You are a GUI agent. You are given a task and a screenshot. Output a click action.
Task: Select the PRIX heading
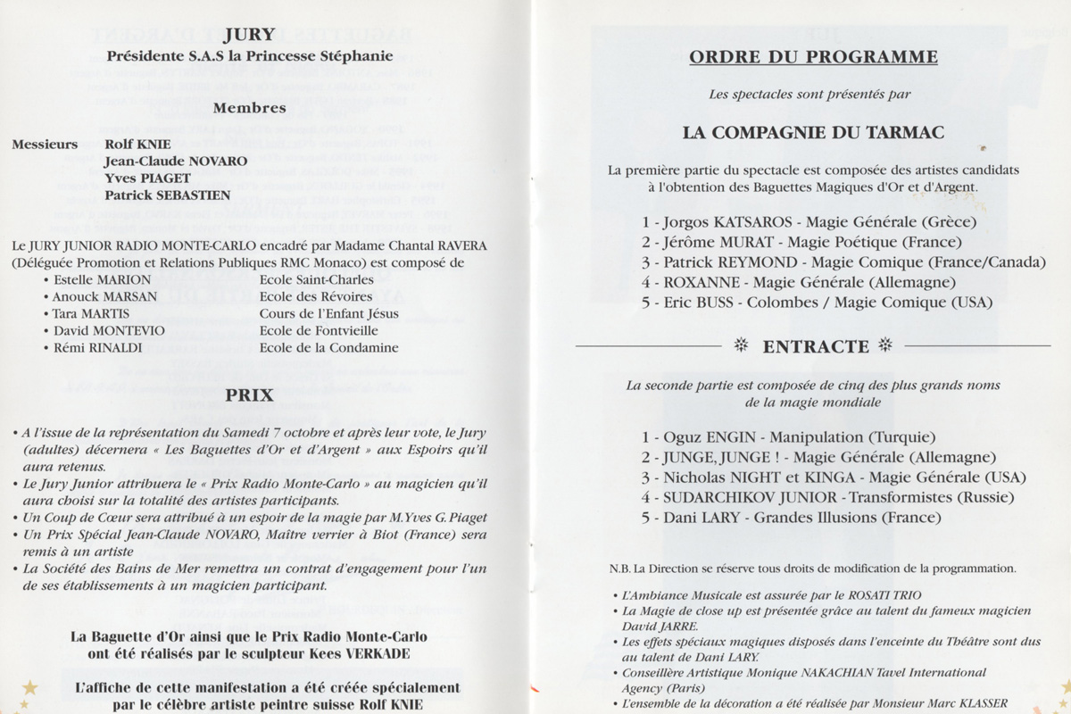(249, 394)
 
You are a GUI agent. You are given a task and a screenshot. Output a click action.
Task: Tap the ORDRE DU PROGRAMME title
(813, 57)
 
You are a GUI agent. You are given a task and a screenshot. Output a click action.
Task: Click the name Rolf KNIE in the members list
(137, 144)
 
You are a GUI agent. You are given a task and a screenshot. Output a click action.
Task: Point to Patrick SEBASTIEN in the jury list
(167, 195)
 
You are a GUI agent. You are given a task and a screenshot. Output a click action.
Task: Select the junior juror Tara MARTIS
(91, 313)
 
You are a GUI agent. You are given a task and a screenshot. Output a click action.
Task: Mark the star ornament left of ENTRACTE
(740, 345)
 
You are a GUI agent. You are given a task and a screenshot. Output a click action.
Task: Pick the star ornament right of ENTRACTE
(885, 345)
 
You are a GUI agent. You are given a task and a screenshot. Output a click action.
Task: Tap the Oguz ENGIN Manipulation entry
(788, 437)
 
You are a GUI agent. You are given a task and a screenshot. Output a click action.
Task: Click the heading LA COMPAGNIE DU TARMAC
(813, 132)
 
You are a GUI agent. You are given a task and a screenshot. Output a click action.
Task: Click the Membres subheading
(249, 108)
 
